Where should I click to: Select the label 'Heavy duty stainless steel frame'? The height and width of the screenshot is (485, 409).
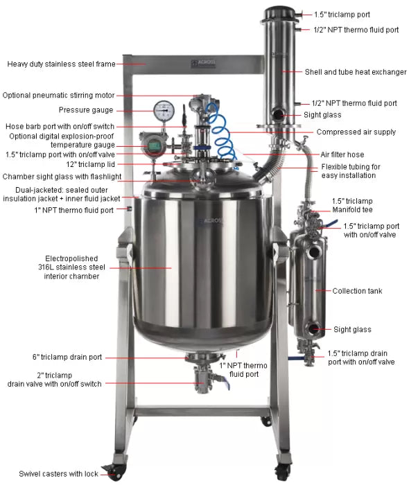(62, 64)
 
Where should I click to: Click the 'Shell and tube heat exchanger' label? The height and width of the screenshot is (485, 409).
(356, 72)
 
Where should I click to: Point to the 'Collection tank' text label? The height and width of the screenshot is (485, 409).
(357, 291)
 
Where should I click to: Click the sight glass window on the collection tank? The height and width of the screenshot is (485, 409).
(313, 329)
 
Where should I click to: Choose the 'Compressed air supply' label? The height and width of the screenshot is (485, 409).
(356, 132)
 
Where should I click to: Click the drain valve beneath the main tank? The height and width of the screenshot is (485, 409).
(202, 379)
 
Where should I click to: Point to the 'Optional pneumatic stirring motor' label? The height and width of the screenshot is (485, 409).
(58, 96)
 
